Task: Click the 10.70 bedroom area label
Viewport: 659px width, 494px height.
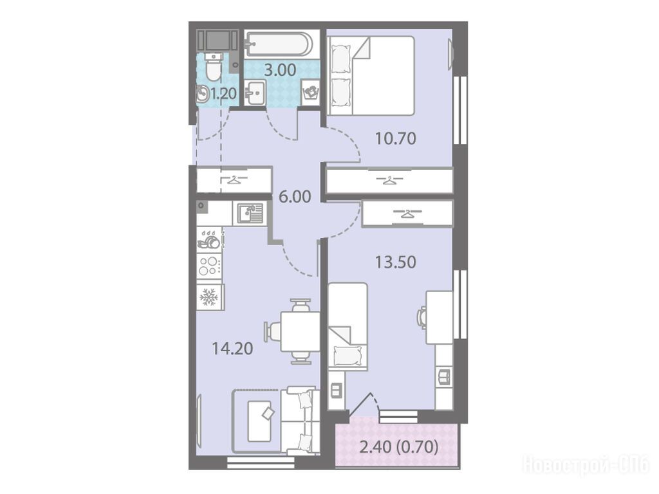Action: click(x=395, y=138)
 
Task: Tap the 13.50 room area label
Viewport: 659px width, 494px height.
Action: click(x=395, y=262)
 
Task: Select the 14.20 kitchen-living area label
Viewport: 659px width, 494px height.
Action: click(x=232, y=348)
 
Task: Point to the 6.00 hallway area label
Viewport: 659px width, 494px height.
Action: click(x=295, y=197)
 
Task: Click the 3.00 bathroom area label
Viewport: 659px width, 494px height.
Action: click(x=280, y=69)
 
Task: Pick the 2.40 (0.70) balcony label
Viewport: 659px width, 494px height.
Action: click(x=399, y=447)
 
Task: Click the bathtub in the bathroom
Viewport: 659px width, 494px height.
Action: click(x=278, y=43)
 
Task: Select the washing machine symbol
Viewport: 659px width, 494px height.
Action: click(x=311, y=92)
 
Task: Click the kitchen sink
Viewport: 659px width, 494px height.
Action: click(x=250, y=212)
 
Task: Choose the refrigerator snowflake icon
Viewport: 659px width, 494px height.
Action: click(x=209, y=297)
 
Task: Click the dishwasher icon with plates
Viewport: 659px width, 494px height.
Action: click(x=209, y=239)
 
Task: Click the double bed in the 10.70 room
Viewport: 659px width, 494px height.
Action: click(x=370, y=76)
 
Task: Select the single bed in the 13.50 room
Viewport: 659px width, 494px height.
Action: click(x=348, y=326)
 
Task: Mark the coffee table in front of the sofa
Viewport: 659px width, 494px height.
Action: click(x=259, y=421)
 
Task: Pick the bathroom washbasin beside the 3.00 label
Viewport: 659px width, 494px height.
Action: click(x=255, y=93)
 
